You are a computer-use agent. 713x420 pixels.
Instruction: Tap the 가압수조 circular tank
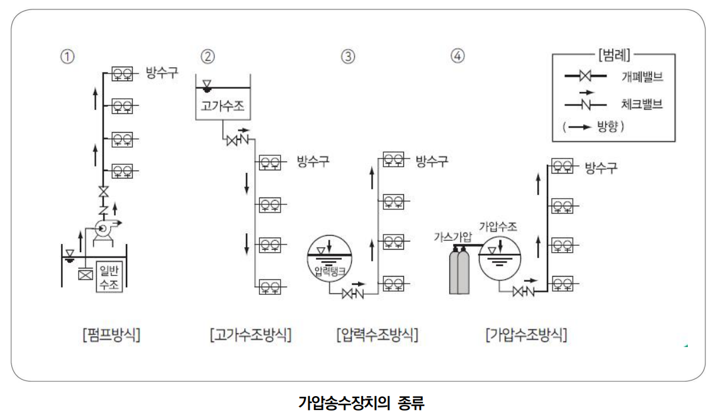click(501, 258)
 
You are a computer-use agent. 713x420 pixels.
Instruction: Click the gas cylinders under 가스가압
click(459, 271)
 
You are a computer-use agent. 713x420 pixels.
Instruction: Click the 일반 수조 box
click(109, 277)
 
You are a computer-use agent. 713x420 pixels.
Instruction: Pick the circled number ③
click(347, 56)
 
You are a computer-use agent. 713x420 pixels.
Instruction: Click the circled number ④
click(458, 56)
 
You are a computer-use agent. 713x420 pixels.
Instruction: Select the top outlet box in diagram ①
click(122, 74)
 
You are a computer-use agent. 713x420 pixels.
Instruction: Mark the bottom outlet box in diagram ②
click(271, 288)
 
